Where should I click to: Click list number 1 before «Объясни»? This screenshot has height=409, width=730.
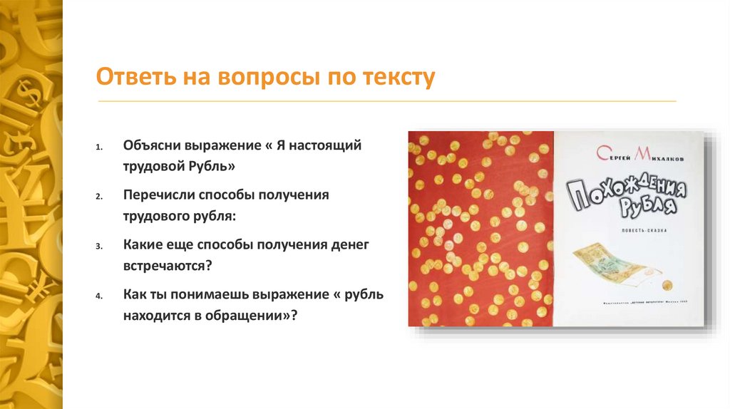tap(100, 146)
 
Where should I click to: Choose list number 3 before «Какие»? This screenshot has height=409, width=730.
tap(100, 245)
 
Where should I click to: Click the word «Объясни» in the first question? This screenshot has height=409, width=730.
tap(152, 145)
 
